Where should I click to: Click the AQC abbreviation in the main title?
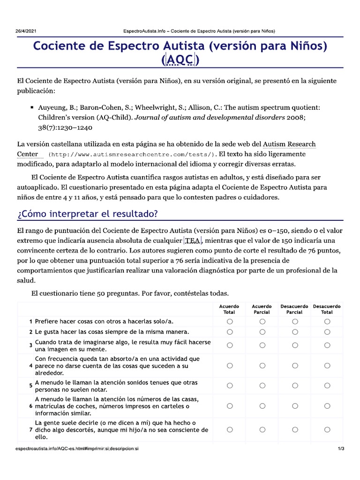tap(180, 60)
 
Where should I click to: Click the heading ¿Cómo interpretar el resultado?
tap(88, 214)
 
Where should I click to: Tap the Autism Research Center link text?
tap(289, 144)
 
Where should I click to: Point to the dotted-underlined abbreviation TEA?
tap(193, 241)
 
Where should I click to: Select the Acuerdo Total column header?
tap(229, 309)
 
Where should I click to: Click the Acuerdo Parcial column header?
tap(262, 309)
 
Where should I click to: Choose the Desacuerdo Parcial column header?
tap(294, 309)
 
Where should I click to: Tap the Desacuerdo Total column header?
tap(327, 309)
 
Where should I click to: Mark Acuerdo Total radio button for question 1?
tap(230, 322)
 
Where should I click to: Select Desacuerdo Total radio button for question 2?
tap(327, 332)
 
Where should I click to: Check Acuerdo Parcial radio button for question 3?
tap(262, 345)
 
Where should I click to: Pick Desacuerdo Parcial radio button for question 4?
tap(295, 366)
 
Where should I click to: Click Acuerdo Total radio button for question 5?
tap(230, 386)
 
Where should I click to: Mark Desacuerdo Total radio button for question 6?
tap(327, 406)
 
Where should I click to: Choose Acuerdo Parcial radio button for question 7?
tap(262, 429)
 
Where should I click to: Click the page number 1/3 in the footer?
tap(341, 449)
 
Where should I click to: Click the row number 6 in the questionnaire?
tap(30, 406)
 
